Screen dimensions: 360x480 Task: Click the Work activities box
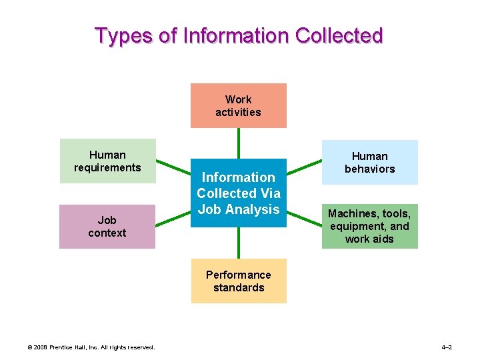[x=238, y=105]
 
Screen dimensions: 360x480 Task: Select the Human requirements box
[x=107, y=161]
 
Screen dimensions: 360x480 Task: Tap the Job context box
[x=107, y=226]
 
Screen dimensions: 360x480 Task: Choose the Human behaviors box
[x=369, y=162]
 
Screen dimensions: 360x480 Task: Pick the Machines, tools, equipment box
[x=369, y=226]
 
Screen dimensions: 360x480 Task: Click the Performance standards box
[x=238, y=281]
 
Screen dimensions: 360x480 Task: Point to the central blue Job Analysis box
[x=238, y=193]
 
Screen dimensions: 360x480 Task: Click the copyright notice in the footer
[x=91, y=347]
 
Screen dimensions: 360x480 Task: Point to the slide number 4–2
[x=446, y=347]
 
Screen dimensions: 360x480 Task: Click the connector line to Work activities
[x=238, y=143]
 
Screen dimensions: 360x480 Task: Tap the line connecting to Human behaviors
[x=304, y=168]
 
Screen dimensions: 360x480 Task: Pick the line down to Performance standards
[x=238, y=243]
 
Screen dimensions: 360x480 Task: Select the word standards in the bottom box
[x=239, y=287]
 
